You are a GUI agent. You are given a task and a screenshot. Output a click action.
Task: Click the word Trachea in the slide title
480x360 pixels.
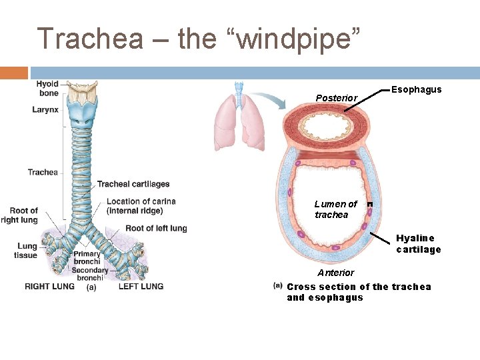tap(89, 39)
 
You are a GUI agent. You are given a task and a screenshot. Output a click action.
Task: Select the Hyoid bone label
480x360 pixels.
tap(47, 89)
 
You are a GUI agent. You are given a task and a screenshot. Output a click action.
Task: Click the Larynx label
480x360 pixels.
tap(45, 109)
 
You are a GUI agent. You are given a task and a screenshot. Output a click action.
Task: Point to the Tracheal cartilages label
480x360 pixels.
tap(133, 184)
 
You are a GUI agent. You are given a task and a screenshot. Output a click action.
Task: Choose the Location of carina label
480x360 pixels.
tap(141, 206)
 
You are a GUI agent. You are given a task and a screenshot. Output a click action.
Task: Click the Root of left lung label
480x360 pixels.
tap(156, 228)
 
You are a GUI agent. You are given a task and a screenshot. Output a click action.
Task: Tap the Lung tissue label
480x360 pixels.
tap(26, 251)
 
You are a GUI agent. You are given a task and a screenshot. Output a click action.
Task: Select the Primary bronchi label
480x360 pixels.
tap(87, 258)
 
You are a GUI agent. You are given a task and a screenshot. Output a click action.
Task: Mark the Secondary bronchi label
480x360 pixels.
tap(91, 274)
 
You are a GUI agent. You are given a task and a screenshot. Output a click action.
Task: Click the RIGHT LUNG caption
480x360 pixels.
tap(49, 287)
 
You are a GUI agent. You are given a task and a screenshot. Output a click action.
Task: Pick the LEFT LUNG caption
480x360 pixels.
tap(141, 287)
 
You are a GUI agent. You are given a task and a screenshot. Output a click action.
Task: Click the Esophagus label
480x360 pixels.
tap(416, 89)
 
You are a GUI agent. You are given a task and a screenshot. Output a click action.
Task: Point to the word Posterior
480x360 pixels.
tap(336, 98)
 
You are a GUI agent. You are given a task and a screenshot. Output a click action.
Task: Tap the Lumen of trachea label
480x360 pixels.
tap(335, 209)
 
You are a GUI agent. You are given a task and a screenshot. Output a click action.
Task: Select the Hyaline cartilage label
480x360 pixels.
tap(418, 243)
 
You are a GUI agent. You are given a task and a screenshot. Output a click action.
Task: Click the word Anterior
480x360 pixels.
tap(335, 273)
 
